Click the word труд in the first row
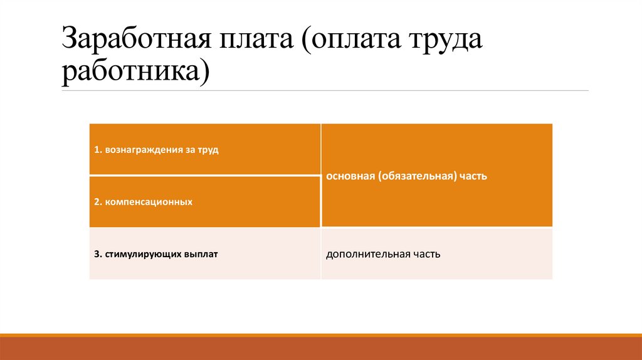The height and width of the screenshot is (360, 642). coord(208,151)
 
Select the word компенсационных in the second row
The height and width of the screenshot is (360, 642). coord(149,203)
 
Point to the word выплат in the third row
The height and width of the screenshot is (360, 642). coord(201,255)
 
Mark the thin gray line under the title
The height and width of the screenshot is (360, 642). coord(325,91)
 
